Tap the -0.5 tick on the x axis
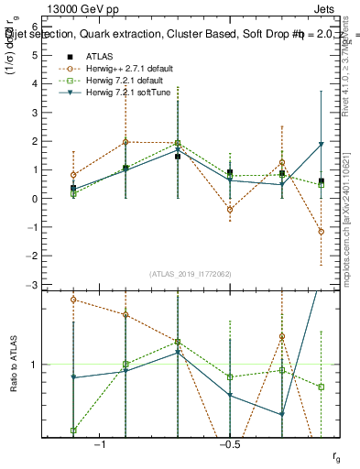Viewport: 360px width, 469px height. pos(229,444)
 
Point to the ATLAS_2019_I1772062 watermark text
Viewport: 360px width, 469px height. pos(191,274)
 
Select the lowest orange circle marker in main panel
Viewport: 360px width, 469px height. pos(321,232)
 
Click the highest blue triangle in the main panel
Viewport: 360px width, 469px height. pos(321,145)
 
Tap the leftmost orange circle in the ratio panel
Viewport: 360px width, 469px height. pos(73,300)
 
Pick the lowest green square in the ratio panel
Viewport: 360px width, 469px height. pos(73,431)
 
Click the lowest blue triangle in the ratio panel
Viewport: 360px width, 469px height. pos(282,415)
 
